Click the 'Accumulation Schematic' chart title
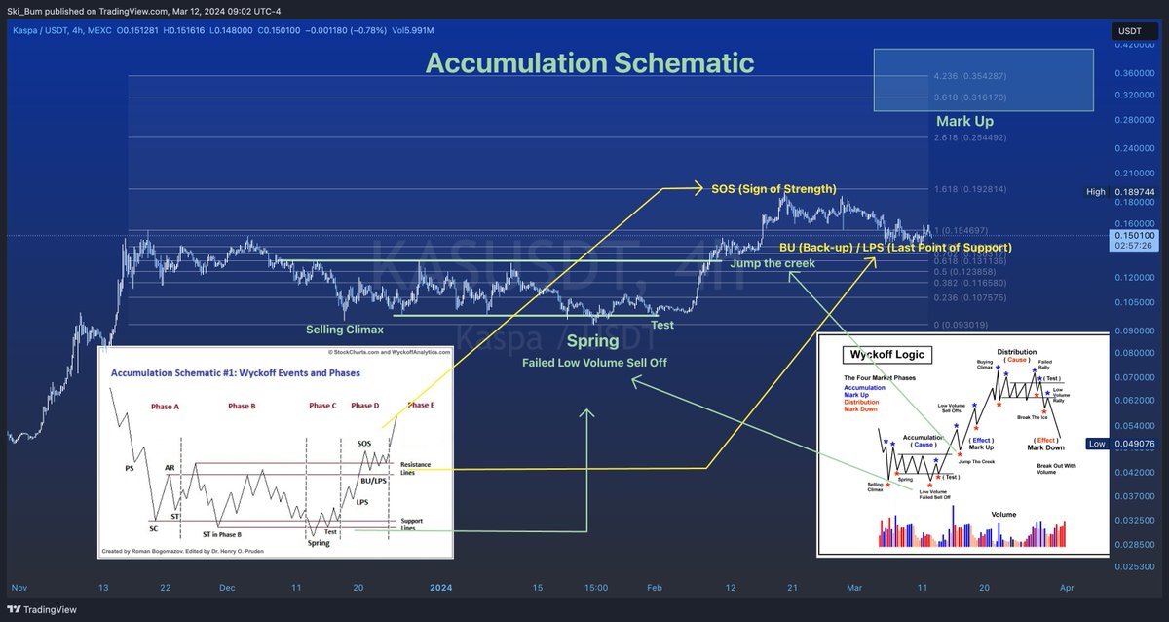(x=589, y=63)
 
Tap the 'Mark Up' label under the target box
(x=964, y=122)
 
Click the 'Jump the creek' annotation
(x=772, y=263)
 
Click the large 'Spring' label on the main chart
(x=592, y=341)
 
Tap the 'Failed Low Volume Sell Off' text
(x=591, y=363)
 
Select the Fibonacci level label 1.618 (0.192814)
(x=975, y=189)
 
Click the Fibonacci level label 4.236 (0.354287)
(x=975, y=76)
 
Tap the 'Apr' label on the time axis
(x=1066, y=589)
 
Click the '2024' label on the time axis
(x=441, y=589)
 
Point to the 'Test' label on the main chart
(x=662, y=325)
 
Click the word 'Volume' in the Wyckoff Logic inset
(x=1002, y=513)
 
